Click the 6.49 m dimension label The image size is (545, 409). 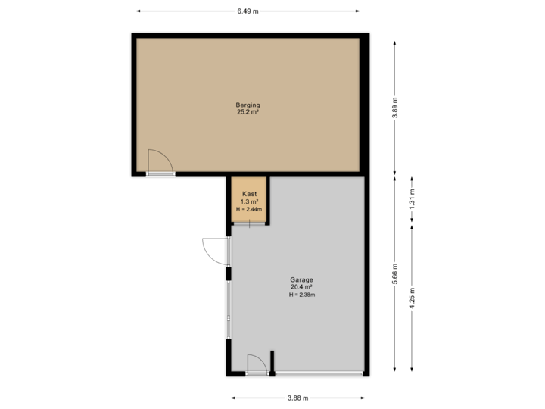point(248,11)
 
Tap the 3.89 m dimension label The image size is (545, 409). point(394,108)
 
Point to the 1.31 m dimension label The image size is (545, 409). point(413,198)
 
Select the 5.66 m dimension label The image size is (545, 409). point(394,273)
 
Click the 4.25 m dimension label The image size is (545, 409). point(413,295)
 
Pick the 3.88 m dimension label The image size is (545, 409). point(297,398)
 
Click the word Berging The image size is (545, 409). point(248,105)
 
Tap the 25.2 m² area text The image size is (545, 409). point(248,112)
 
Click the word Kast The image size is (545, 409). point(249,194)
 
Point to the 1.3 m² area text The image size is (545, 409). point(249,201)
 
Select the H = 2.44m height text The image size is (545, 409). point(249,208)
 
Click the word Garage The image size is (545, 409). point(301,279)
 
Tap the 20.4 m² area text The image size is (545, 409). point(301,287)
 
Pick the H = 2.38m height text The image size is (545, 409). point(301,295)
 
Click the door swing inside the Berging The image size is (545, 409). point(159,161)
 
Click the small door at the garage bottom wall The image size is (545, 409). point(257,364)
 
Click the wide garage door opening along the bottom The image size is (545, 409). point(319,373)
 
